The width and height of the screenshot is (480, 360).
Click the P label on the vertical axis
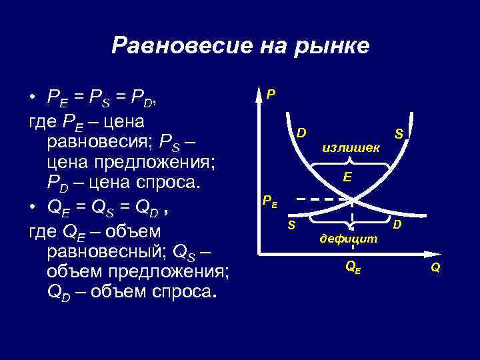click(x=270, y=94)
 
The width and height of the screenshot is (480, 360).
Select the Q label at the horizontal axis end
click(x=435, y=267)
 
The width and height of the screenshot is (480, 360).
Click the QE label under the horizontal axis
click(x=352, y=265)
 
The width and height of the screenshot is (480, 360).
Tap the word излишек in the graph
click(x=351, y=147)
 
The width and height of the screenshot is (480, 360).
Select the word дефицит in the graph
click(x=348, y=237)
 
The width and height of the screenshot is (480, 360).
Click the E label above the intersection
click(x=347, y=177)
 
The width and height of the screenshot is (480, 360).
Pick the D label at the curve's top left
click(x=301, y=132)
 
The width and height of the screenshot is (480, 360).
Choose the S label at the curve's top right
click(x=399, y=133)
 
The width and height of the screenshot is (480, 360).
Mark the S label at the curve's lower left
click(x=291, y=225)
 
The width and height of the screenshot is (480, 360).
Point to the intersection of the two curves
click(x=351, y=199)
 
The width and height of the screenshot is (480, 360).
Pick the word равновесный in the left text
click(x=108, y=251)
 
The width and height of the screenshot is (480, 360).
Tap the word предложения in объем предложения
click(x=169, y=271)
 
